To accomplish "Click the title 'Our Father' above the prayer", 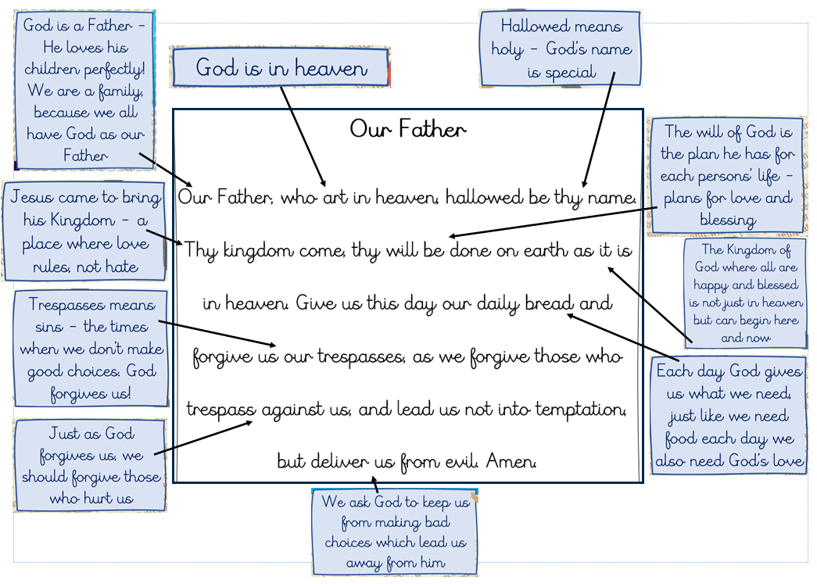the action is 407,129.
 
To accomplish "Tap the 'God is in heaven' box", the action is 281,68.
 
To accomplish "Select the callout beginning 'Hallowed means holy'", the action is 561,48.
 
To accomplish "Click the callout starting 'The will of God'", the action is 727,176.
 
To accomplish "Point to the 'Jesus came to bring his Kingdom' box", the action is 85,232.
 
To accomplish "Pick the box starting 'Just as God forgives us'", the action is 91,466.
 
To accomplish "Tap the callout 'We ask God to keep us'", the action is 394,532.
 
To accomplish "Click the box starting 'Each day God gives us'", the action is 729,415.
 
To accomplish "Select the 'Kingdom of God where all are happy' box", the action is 745,293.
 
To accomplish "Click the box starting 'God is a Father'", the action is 85,91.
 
